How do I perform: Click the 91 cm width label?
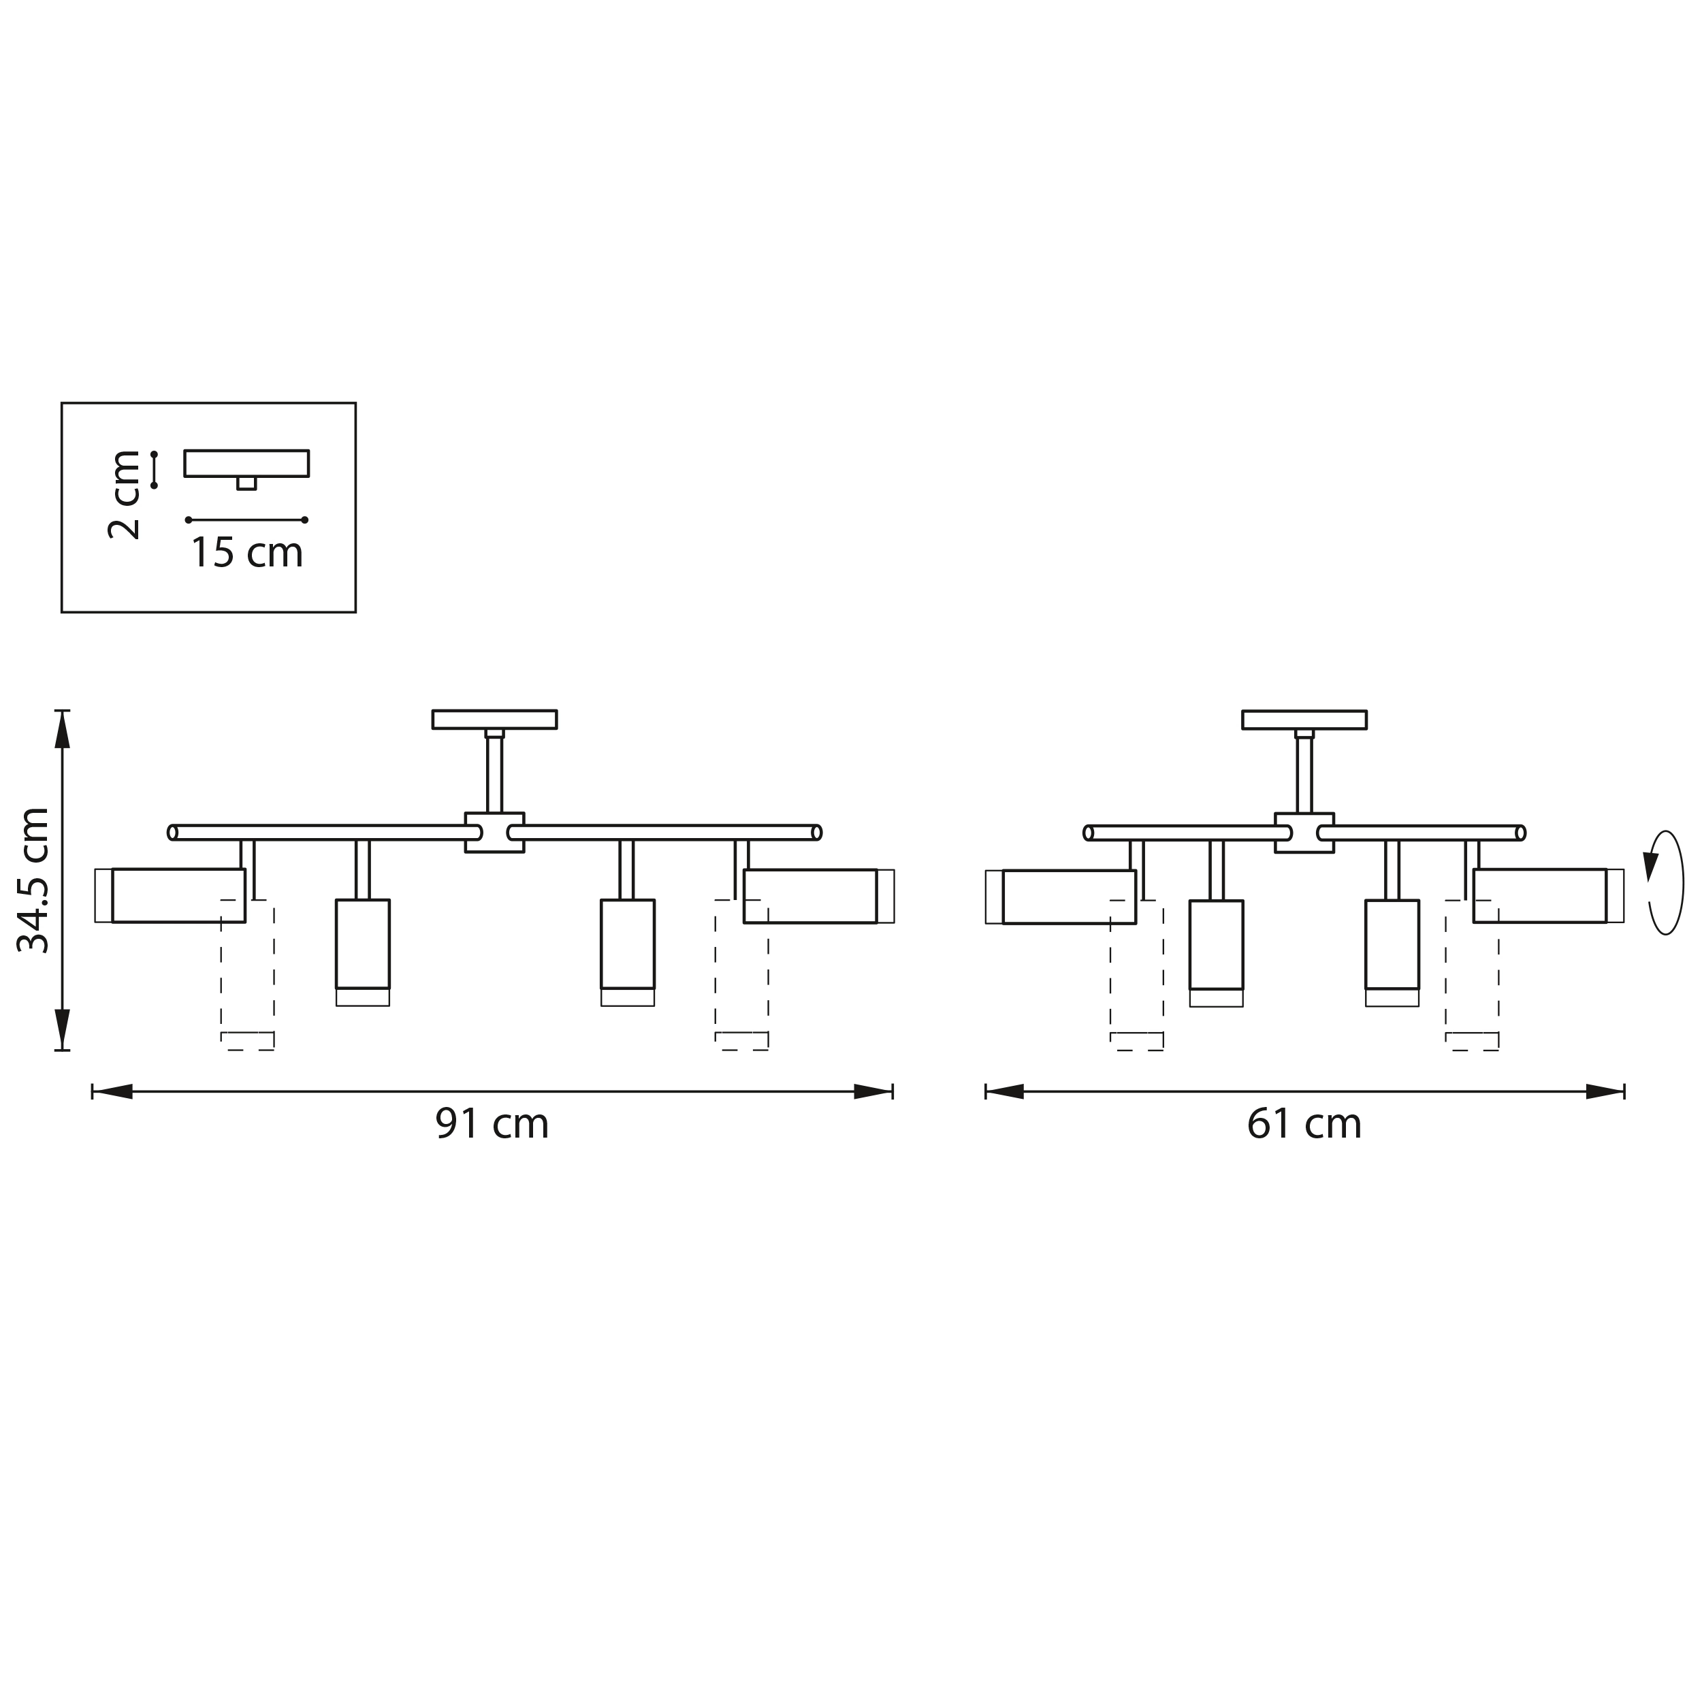pos(492,1124)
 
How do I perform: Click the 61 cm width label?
pos(1304,1124)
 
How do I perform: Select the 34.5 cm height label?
pos(34,880)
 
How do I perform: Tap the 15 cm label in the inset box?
pos(246,552)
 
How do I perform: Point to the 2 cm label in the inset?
pos(124,494)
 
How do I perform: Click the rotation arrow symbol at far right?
pos(1664,883)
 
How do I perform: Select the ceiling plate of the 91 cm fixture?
pos(494,720)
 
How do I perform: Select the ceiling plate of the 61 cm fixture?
pos(1304,720)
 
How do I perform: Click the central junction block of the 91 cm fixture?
pos(494,833)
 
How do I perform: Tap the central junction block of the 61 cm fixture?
pos(1304,833)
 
